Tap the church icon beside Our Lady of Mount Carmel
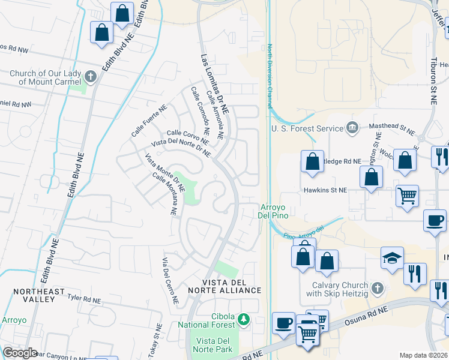90,76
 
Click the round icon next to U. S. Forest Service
352,127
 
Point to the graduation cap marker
392,259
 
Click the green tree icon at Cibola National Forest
244,317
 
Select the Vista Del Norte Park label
214,344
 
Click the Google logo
20,353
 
